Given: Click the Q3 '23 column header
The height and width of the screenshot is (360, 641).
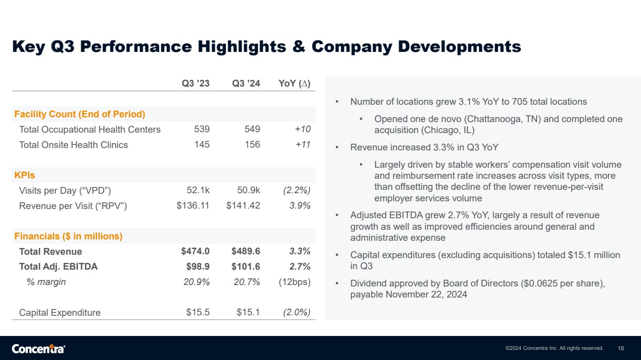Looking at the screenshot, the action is tap(196, 83).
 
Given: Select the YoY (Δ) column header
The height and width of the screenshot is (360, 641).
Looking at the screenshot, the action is tap(294, 83).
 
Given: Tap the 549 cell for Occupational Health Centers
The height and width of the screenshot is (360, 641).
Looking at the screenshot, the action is tap(252, 129).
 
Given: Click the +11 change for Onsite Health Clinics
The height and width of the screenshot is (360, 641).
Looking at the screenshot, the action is tap(303, 144).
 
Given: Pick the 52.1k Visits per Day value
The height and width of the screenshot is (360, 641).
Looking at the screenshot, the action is tap(198, 190).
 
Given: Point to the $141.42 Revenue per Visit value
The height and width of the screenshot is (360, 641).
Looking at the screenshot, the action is tap(243, 205).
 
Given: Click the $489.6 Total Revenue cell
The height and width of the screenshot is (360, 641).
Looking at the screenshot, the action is tap(246, 251).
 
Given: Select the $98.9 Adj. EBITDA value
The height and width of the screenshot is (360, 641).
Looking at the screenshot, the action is tap(198, 266).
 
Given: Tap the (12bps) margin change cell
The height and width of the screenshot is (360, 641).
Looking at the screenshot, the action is tap(295, 282).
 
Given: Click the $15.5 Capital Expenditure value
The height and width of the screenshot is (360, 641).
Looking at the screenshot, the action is tap(198, 312).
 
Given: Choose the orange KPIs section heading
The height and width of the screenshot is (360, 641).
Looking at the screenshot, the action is tap(25, 175).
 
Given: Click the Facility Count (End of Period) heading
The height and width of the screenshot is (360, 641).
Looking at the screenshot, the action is tap(80, 114).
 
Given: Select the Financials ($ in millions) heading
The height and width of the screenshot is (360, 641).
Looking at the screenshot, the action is tap(68, 236).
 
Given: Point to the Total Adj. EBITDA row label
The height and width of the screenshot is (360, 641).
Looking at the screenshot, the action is tap(58, 266).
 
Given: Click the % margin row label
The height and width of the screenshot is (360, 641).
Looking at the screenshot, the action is tap(46, 282).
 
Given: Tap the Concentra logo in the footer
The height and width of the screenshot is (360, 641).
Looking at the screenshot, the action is tap(38, 349).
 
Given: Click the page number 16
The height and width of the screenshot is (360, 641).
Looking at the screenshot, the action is tap(621, 348).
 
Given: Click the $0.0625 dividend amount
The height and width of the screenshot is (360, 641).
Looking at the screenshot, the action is tap(540, 284).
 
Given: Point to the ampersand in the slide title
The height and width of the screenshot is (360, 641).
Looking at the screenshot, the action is tap(299, 47).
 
